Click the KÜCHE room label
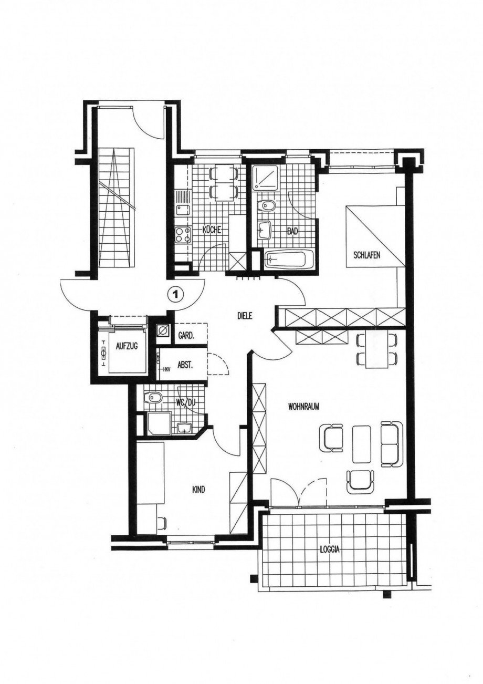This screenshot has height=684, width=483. (212, 230)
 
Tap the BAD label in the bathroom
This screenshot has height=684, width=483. (292, 232)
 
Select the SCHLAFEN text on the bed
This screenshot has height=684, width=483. (367, 255)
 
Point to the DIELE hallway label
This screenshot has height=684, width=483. (245, 317)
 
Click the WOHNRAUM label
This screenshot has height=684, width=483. (303, 407)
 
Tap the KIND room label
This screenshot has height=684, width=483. (198, 490)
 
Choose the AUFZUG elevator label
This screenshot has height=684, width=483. (127, 346)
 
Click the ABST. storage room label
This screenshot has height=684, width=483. (186, 366)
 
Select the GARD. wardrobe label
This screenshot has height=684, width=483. (186, 336)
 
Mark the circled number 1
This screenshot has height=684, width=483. (175, 294)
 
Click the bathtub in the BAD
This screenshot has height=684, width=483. (288, 259)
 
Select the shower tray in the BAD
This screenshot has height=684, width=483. (266, 177)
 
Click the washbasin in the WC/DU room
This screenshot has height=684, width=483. (184, 428)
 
